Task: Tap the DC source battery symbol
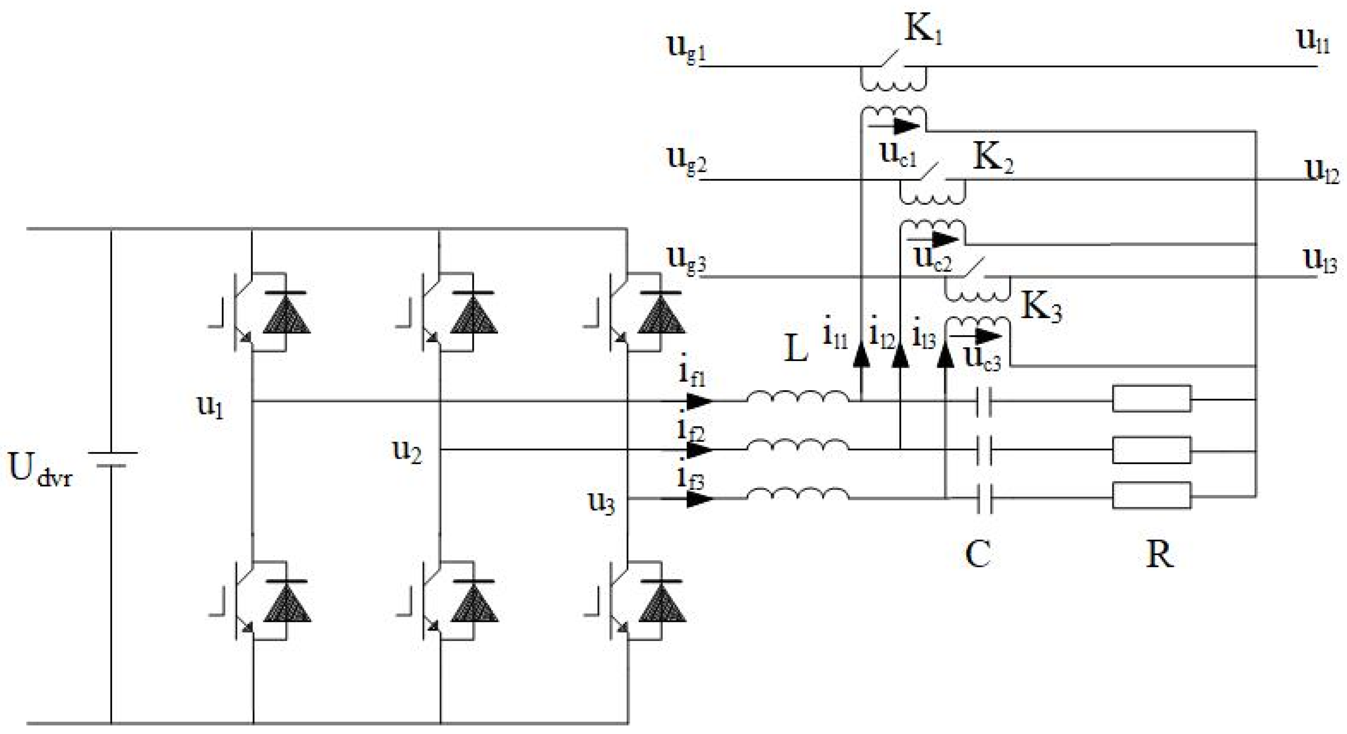tap(111, 459)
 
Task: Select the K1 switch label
tap(922, 30)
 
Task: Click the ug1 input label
tap(685, 49)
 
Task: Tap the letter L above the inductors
tap(796, 349)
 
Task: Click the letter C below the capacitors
tap(977, 554)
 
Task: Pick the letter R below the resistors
tap(1159, 555)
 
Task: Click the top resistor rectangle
tap(1152, 399)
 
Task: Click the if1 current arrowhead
tap(699, 401)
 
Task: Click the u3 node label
tap(602, 503)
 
